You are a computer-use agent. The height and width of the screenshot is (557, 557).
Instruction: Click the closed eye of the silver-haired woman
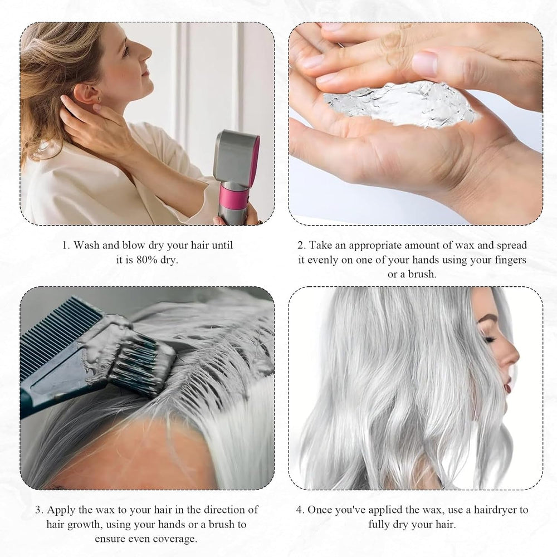490,339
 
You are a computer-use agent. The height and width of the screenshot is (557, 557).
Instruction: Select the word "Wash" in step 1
86,245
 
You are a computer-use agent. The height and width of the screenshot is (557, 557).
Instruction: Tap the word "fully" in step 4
384,524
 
